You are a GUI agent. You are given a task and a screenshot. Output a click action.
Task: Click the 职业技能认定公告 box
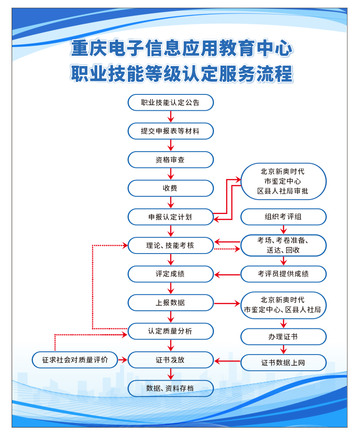point(171,102)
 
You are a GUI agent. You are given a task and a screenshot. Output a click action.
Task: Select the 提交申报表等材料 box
point(171,131)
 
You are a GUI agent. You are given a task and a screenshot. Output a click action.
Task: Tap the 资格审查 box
point(171,160)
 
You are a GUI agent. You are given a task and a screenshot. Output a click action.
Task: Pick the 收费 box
point(171,188)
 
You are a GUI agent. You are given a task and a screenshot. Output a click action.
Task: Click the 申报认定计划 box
point(171,216)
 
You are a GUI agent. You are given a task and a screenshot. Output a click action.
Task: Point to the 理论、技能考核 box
point(171,245)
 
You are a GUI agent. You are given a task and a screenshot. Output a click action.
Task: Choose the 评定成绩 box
point(171,274)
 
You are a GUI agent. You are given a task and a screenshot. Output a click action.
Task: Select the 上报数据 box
point(171,302)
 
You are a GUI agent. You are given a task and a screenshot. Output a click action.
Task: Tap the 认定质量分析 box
point(171,331)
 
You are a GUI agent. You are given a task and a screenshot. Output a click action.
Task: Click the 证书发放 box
point(171,360)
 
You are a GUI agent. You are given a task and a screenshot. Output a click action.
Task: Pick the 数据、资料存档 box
point(171,388)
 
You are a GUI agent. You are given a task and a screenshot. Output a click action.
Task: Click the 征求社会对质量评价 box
point(75,360)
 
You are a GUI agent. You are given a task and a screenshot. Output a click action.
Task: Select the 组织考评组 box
point(283,216)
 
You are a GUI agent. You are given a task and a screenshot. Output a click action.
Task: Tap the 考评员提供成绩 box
point(283,274)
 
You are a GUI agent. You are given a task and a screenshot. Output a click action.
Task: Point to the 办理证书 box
point(283,336)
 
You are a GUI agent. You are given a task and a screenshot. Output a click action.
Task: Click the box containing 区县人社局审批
point(283,181)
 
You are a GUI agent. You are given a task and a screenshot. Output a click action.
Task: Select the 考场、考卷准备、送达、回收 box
point(283,245)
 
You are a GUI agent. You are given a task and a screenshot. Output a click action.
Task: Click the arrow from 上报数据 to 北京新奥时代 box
point(227,303)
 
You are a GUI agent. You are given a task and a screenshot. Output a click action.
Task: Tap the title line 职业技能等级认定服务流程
point(181,74)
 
